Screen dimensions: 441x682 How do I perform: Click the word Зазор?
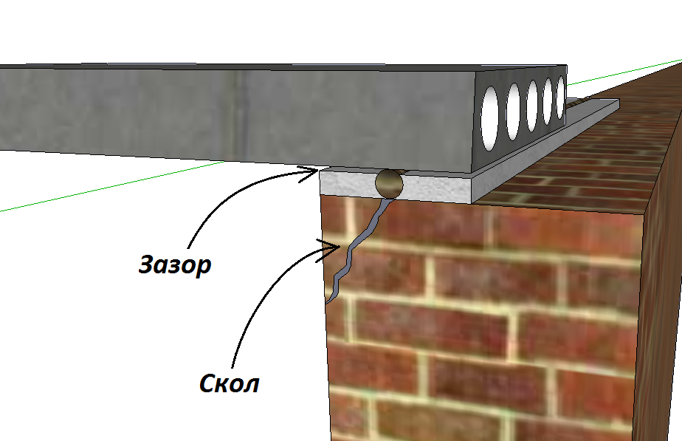(176, 264)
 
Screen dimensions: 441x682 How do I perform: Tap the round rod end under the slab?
(389, 182)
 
